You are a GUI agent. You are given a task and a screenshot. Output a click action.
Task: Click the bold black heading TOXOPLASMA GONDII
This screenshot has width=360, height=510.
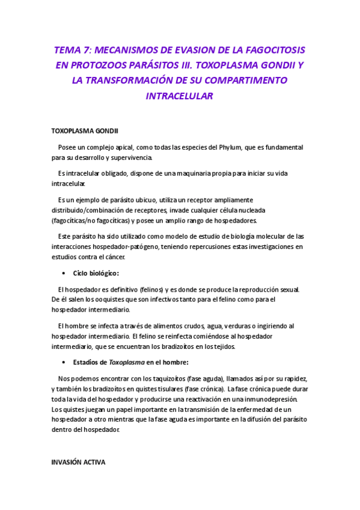tap(85, 131)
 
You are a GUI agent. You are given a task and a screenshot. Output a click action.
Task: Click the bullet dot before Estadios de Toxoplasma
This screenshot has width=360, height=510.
tap(64, 362)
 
